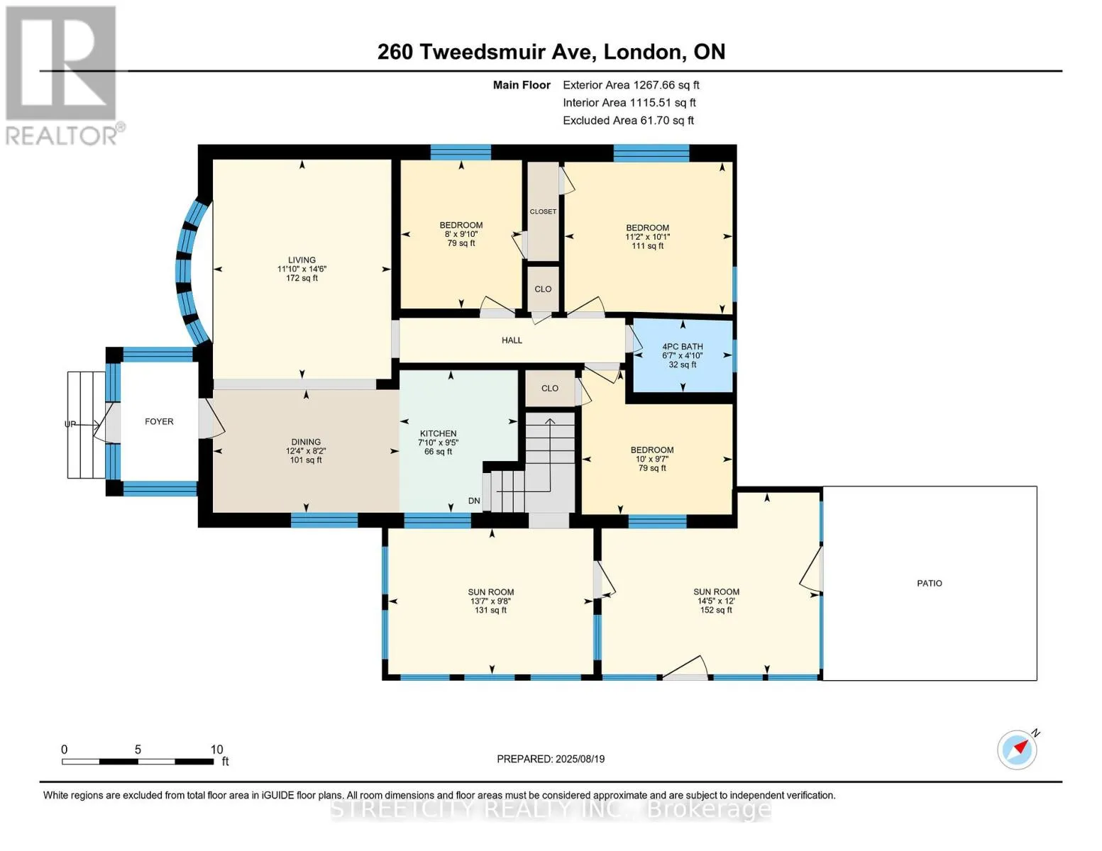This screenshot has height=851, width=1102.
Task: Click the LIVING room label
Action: pos(302,260)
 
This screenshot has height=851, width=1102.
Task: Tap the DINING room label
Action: pos(306,442)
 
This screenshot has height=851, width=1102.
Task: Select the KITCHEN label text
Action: pos(438,433)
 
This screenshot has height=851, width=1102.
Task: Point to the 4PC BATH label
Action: pos(683,347)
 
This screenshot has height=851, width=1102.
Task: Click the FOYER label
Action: pos(159,422)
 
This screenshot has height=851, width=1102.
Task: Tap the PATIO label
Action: pos(930,584)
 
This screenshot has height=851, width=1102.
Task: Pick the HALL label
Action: pos(512,340)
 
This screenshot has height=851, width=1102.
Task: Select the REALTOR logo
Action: pos(62,75)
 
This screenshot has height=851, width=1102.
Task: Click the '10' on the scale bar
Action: pos(216,750)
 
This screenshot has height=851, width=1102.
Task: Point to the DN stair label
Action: pos(474,501)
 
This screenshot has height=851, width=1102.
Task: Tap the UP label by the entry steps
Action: pos(70,424)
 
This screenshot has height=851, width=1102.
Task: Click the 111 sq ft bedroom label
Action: pos(648,246)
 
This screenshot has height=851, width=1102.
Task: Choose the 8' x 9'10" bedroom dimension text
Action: pos(461,234)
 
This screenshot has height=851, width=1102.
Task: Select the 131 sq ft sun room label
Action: pos(490,611)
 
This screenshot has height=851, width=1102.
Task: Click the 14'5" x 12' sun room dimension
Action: pos(716,601)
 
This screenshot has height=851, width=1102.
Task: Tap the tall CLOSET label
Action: pos(543,211)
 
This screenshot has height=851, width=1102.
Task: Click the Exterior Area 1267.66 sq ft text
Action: pos(631,85)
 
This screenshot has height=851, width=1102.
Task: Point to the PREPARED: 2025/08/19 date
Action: pos(551,759)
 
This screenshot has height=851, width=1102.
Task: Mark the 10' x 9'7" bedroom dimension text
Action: pos(652,460)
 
